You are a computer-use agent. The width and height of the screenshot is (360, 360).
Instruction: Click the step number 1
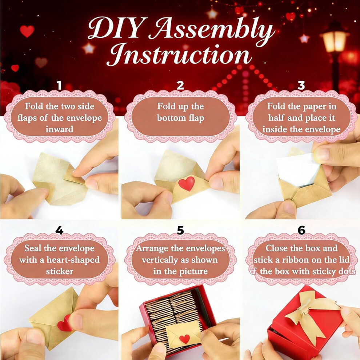click(60, 85)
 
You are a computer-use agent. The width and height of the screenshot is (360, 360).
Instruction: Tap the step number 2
click(180, 85)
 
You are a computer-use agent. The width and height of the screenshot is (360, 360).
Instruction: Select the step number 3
click(301, 85)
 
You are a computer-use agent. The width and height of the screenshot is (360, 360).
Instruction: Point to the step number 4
click(60, 230)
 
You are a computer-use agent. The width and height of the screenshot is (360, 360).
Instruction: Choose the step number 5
click(180, 230)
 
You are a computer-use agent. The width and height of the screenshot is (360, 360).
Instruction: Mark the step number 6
click(301, 230)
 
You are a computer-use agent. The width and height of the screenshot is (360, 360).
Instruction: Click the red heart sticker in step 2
click(187, 183)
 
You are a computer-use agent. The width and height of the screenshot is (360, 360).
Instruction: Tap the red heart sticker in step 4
click(64, 323)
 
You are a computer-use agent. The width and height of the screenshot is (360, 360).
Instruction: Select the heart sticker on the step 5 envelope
click(185, 339)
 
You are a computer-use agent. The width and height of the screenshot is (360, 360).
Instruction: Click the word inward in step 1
click(60, 129)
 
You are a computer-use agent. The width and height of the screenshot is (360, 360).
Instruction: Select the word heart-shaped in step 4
click(73, 260)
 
